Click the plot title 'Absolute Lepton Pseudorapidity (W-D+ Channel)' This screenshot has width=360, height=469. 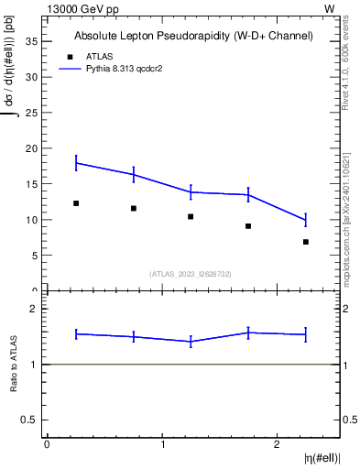pyautogui.click(x=193, y=37)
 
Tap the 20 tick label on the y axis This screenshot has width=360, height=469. pyautogui.click(x=34, y=148)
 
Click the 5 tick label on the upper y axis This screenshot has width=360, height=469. pyautogui.click(x=37, y=256)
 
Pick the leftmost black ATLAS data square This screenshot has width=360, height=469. pyautogui.click(x=76, y=203)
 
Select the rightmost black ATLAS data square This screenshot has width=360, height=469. pyautogui.click(x=306, y=242)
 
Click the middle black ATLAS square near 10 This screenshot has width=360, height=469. pyautogui.click(x=191, y=217)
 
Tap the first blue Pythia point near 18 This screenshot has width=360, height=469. pyautogui.click(x=76, y=163)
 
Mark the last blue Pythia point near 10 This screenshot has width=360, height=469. pyautogui.click(x=306, y=220)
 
